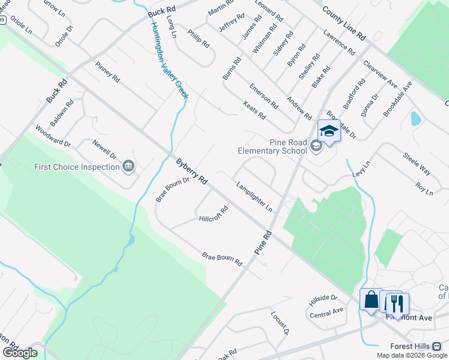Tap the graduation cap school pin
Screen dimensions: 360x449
point(329,131)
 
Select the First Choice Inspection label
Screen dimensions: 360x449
point(77,167)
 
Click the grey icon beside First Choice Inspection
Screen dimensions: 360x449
point(128,166)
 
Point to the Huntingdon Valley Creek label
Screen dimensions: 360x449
point(170,61)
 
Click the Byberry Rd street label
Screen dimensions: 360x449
point(192,171)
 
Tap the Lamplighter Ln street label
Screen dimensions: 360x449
point(255,197)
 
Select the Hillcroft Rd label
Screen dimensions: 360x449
point(214,214)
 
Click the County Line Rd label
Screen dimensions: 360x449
point(343,22)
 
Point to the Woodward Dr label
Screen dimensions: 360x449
point(53,136)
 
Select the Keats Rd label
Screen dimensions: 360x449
point(255,110)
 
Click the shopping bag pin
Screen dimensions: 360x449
point(371,299)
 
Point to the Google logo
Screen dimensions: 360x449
point(20,353)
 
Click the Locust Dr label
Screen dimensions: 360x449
point(280,323)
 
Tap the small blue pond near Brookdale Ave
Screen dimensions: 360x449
point(415,118)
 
